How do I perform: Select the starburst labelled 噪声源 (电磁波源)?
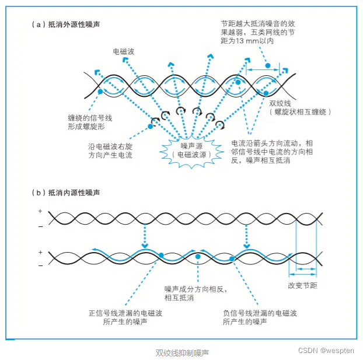pos(187,149)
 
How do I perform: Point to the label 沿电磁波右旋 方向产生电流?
pos(108,151)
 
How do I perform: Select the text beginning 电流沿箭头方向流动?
pos(272,151)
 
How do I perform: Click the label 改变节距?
pos(302,285)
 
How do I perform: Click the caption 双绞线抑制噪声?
pos(182,352)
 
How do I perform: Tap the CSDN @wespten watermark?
pos(326,350)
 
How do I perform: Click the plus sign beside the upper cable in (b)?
pos(40,211)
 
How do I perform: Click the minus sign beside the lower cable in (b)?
pos(40,265)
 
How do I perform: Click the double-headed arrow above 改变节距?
pos(306,270)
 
